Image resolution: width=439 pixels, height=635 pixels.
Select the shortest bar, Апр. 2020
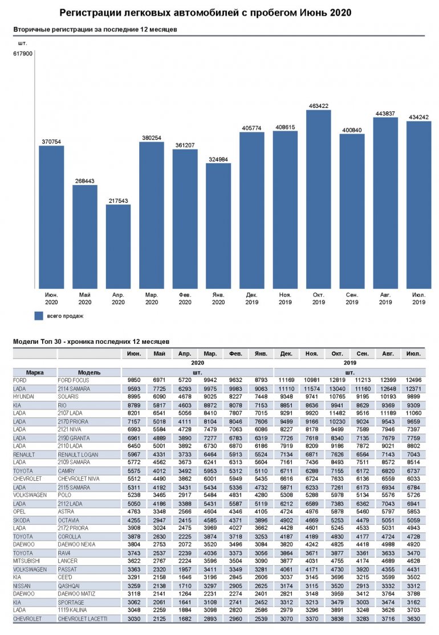[118, 246]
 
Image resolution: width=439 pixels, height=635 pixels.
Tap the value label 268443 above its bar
[84, 181]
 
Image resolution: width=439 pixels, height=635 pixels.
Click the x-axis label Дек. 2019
[251, 298]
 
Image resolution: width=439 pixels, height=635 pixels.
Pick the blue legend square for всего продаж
[39, 315]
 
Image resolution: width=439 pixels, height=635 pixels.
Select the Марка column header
[35, 372]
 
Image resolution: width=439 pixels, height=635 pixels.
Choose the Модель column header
[89, 372]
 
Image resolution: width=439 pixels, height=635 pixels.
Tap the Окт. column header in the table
[337, 354]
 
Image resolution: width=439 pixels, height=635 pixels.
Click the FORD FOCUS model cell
[74, 380]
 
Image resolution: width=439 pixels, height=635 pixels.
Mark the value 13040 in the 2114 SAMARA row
[337, 388]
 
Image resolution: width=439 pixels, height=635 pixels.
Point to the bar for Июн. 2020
[51, 217]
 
